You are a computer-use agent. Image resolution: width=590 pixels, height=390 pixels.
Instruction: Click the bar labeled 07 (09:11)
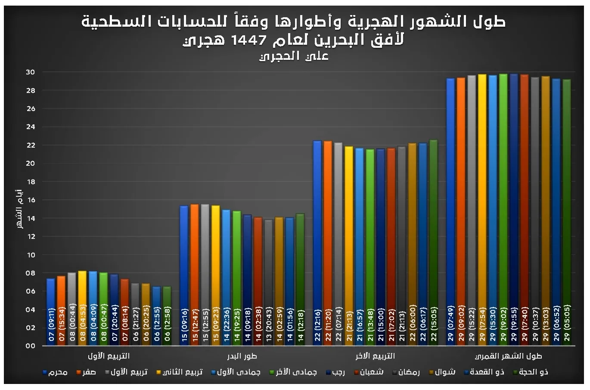pos(51,312)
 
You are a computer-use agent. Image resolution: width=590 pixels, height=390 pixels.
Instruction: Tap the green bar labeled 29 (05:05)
pos(566,212)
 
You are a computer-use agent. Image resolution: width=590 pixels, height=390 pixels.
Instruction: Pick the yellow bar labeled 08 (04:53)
pos(82,308)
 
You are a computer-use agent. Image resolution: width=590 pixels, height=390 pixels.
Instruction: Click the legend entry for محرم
pos(56,372)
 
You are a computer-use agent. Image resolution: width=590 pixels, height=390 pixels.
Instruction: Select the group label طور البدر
pos(242,356)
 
